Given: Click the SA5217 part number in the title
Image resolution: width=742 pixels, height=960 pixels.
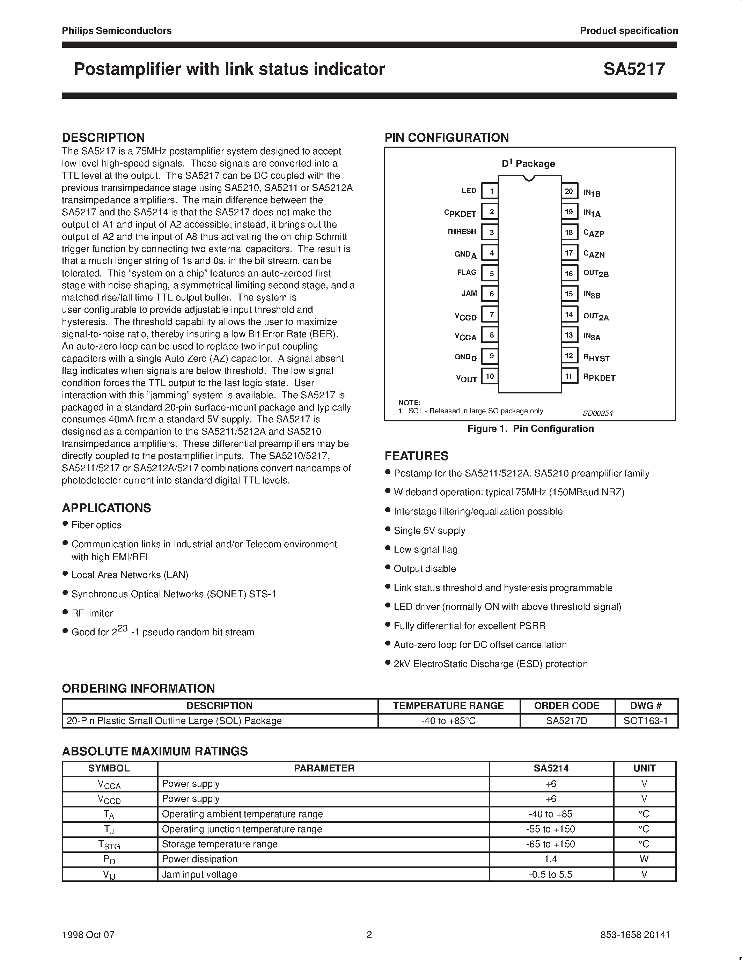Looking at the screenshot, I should coord(633,69).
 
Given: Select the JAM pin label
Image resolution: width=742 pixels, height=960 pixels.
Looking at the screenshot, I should coord(469,293).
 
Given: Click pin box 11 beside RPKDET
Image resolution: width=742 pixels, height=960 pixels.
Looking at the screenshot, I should coord(569,376).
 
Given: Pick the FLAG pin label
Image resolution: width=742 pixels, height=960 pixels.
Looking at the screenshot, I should coord(466,273).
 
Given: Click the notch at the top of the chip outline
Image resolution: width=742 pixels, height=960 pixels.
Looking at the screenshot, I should coord(530,178).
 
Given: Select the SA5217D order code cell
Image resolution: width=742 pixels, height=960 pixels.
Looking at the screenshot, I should coord(567,721).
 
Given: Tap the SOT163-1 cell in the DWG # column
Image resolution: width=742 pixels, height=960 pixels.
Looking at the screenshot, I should coord(646,721).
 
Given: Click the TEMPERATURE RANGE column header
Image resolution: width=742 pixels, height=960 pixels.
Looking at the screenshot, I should coord(448,706).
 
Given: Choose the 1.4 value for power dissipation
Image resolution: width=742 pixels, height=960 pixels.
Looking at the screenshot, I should coord(550,859).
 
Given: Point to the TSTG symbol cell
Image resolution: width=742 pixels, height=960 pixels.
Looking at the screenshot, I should coord(109,844).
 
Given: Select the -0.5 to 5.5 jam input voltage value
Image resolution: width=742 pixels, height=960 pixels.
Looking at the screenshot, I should coord(550,874).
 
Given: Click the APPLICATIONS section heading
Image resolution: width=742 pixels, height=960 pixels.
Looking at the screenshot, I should coord(106,508).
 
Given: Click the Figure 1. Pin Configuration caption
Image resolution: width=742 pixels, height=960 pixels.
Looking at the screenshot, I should coord(530,429).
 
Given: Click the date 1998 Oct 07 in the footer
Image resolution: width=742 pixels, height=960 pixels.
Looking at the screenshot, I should coord(88,935).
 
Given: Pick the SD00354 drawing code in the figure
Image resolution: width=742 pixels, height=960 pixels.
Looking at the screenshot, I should coord(597,413).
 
